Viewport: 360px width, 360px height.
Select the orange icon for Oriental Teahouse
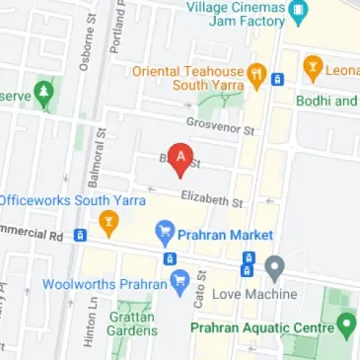point(255,73)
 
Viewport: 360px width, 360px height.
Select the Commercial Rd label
point(30,235)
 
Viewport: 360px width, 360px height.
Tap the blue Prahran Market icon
point(165,235)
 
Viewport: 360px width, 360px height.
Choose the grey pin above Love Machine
point(275,266)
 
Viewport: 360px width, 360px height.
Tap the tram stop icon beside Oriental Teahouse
point(278,79)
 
